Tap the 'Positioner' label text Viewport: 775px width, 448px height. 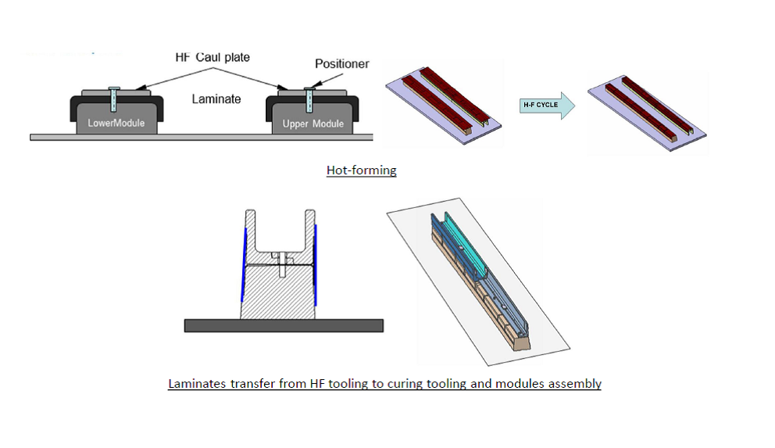point(342,64)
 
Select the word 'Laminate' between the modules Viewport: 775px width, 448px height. point(216,99)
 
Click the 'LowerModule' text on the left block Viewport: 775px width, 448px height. point(116,124)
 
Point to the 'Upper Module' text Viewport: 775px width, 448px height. point(312,124)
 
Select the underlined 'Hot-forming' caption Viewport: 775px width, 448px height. point(361,170)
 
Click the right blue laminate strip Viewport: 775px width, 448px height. point(316,266)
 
